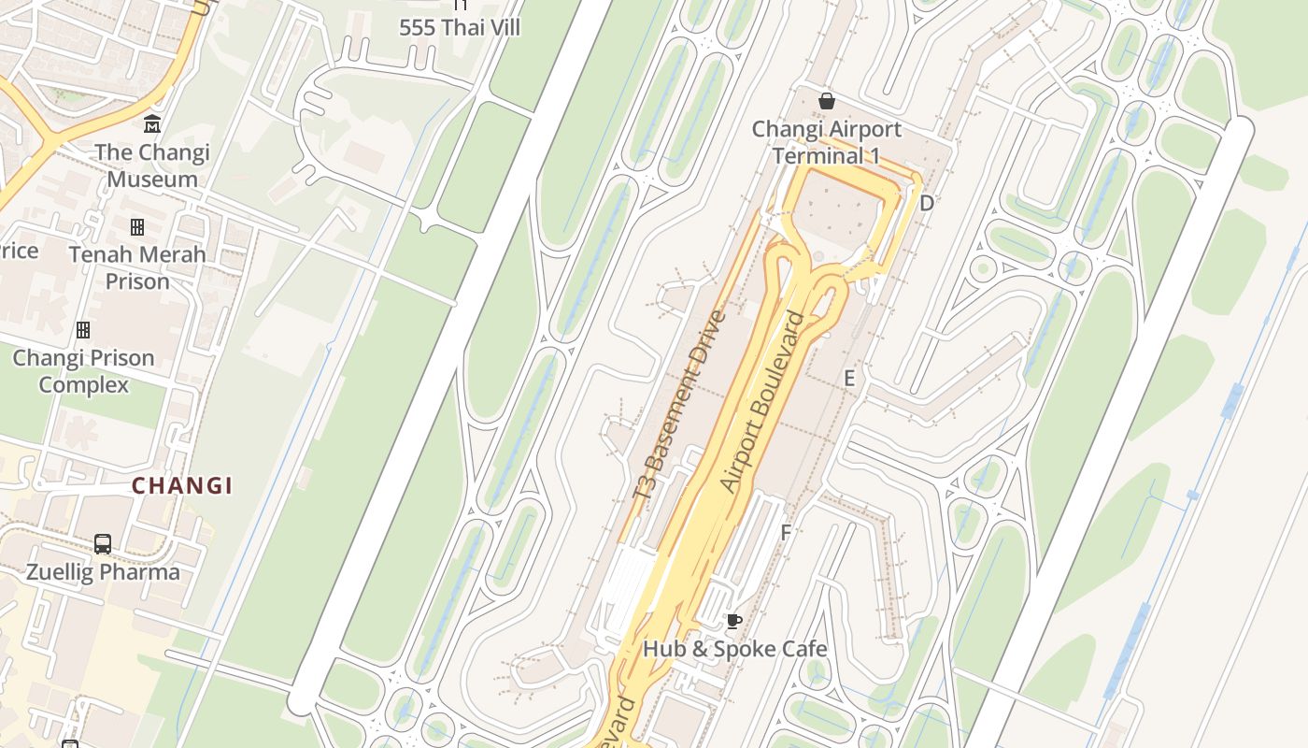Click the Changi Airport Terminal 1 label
[827, 142]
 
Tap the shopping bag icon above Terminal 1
[827, 101]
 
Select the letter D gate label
[926, 203]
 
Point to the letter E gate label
[849, 378]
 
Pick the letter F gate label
[786, 533]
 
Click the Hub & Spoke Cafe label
[734, 648]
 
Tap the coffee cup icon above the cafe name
[734, 621]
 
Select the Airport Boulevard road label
[763, 402]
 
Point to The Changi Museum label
[151, 165]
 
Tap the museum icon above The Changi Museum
[151, 124]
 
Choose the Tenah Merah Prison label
[137, 267]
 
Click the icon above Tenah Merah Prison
[137, 227]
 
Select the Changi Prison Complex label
[83, 371]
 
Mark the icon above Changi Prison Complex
[83, 330]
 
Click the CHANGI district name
[182, 485]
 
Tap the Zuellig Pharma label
[103, 571]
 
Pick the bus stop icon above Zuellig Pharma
[103, 543]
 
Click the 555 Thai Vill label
[460, 27]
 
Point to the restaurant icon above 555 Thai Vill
[460, 5]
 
